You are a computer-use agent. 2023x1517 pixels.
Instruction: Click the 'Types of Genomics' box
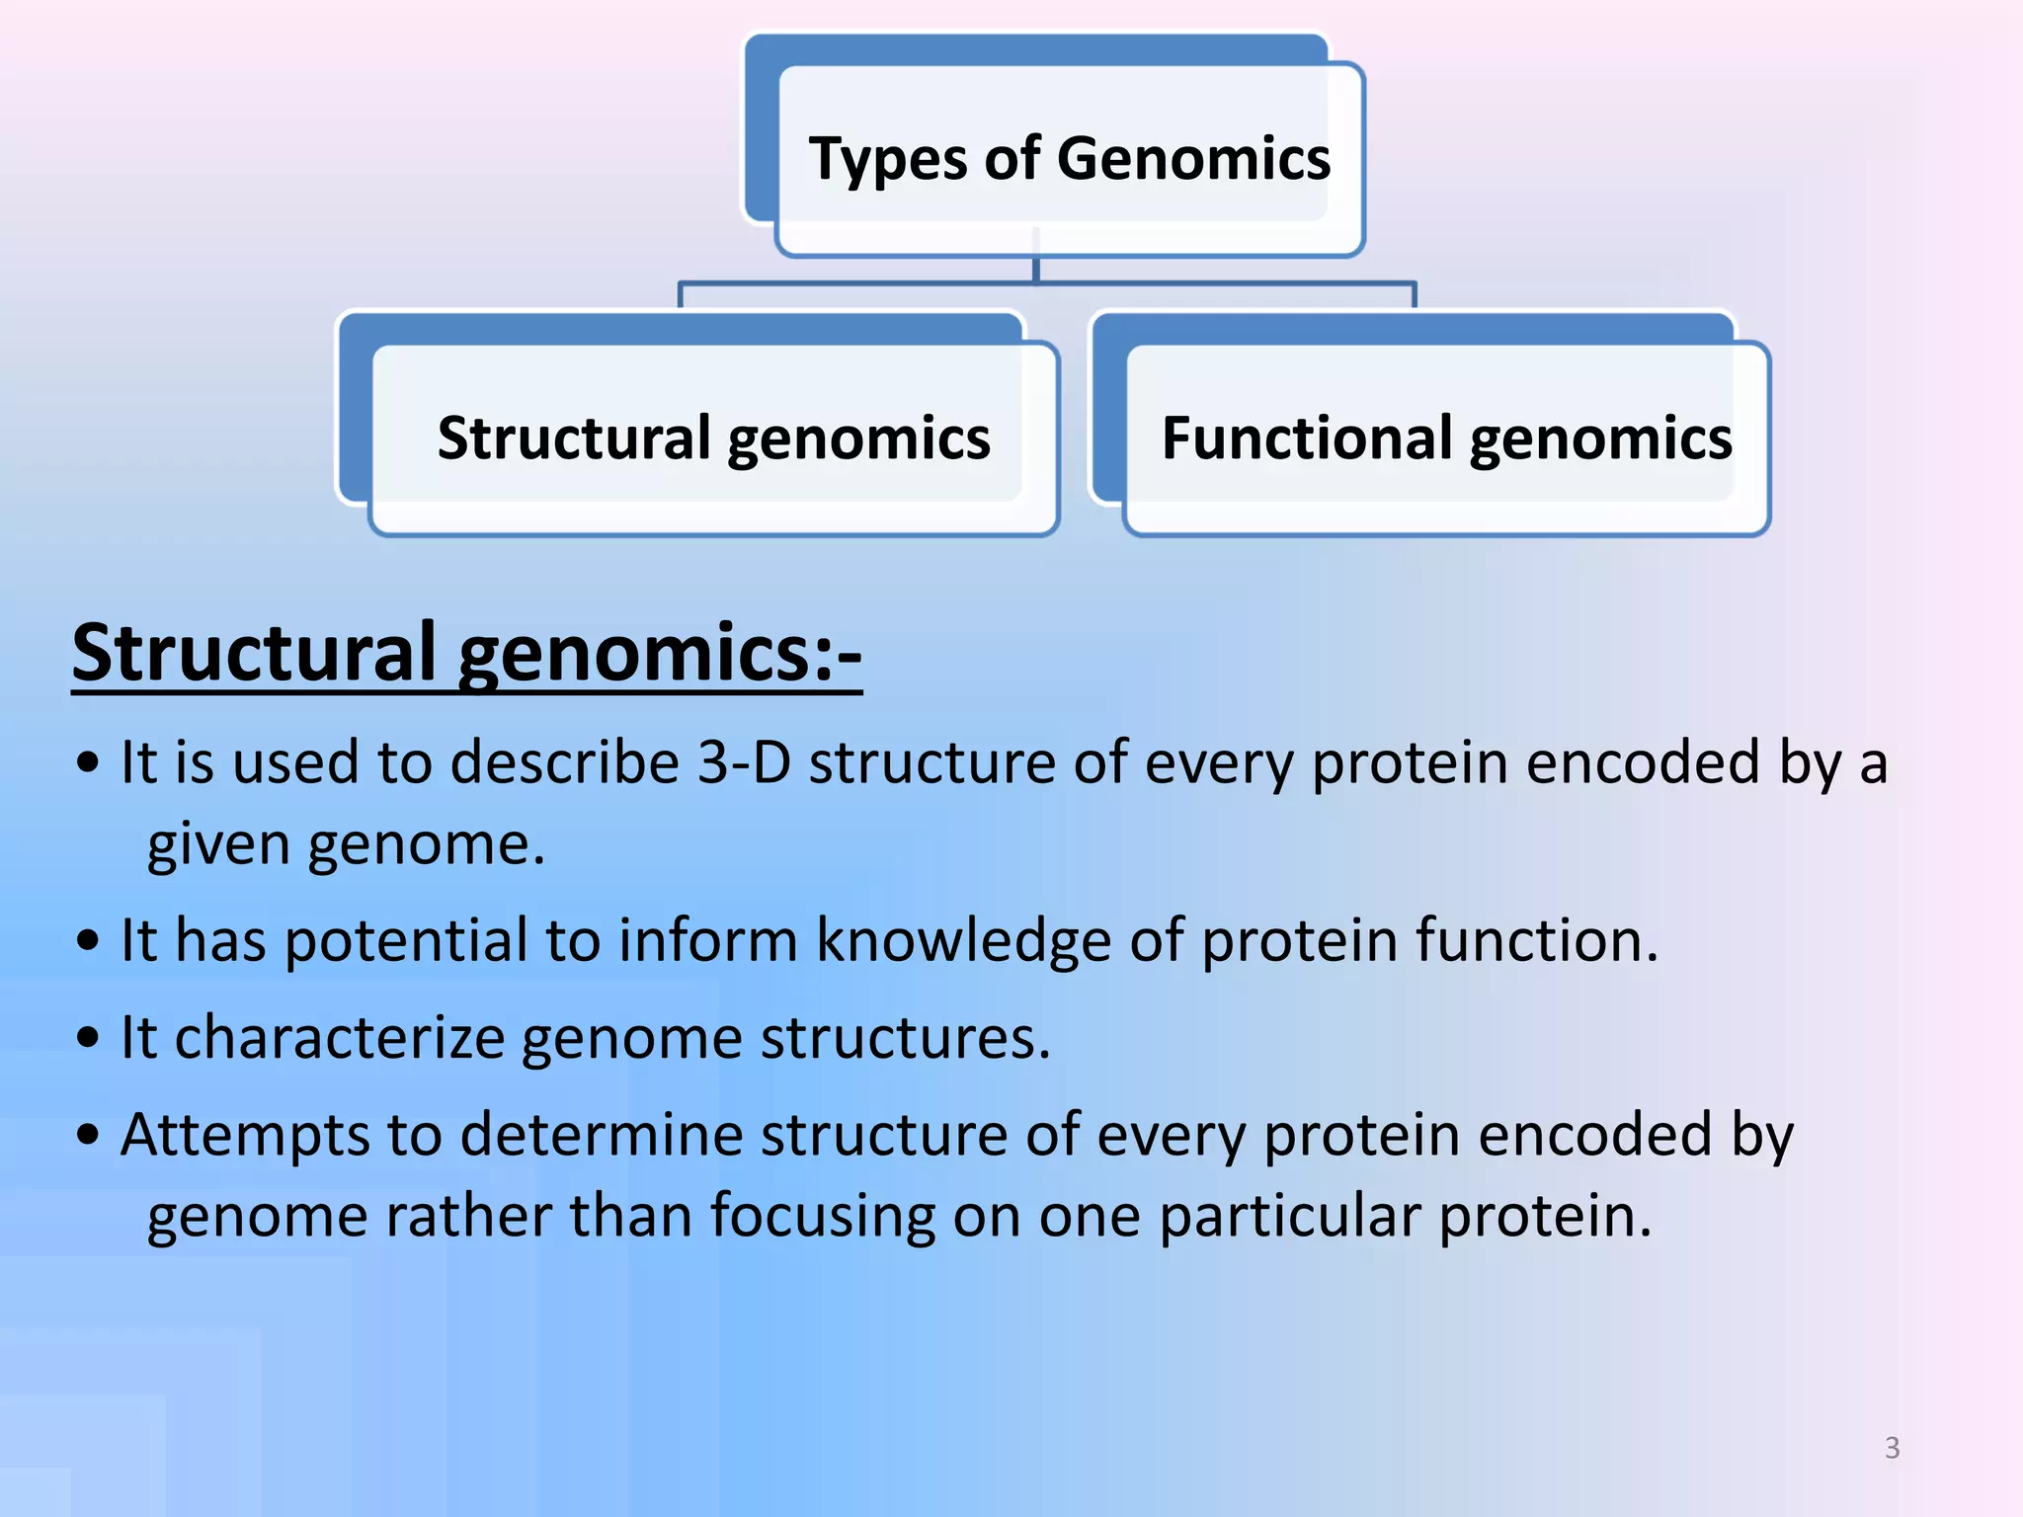pos(1069,158)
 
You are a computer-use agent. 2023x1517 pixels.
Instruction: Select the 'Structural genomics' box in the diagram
pos(713,438)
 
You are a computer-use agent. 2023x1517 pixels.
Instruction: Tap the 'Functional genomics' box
pos(1446,438)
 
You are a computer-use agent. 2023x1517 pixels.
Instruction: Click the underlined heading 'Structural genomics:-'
pos(466,653)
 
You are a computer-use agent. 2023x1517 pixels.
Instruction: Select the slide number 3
pos(1892,1448)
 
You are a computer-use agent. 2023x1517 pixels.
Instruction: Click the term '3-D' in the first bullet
pos(744,762)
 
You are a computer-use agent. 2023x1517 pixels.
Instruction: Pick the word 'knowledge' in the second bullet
pos(963,940)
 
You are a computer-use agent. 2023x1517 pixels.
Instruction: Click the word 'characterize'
pos(340,1038)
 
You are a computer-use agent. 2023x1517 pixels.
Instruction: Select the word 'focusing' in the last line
pos(822,1216)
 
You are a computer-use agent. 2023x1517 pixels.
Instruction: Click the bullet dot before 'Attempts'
pos(89,1136)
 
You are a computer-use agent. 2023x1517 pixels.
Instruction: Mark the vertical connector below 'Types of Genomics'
pos(1035,270)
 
